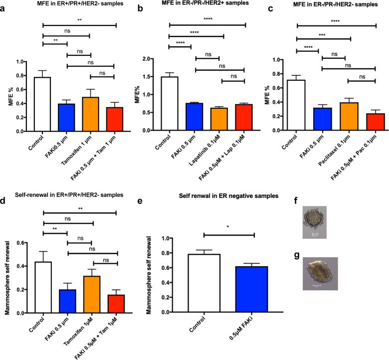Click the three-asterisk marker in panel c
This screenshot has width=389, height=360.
tap(323, 35)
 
